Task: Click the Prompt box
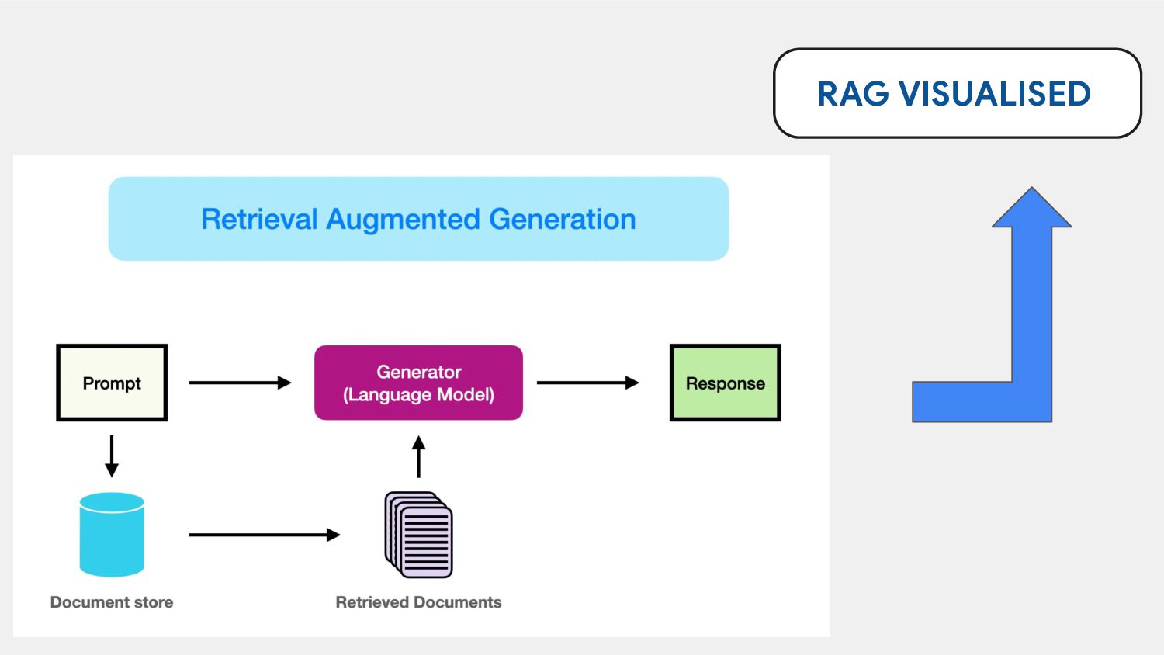coord(112,383)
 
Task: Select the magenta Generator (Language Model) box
coord(418,383)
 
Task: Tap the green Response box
coord(726,383)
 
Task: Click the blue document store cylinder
coord(112,535)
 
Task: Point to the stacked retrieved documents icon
coord(418,535)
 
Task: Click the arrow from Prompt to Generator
coord(240,383)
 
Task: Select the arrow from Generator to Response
coord(587,383)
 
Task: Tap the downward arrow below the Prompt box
coord(112,456)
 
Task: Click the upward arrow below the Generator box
coord(418,456)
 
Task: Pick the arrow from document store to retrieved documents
coord(265,535)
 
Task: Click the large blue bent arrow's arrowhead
coord(1031,208)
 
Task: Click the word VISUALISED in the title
coord(995,94)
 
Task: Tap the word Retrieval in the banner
coord(258,219)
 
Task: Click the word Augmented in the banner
coord(403,220)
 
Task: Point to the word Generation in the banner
coord(563,219)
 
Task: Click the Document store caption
coord(112,602)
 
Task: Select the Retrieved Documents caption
coord(418,602)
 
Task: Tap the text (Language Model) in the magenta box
coord(418,394)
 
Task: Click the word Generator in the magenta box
coord(418,372)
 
